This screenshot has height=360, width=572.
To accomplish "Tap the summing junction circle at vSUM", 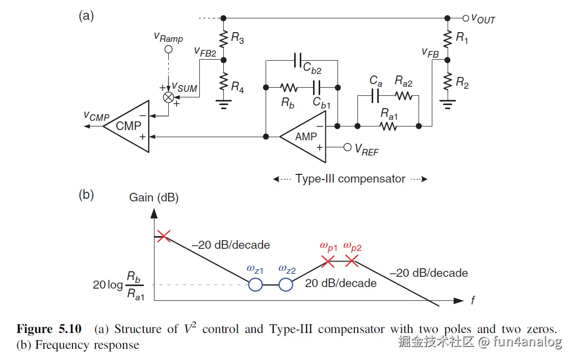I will [x=167, y=97].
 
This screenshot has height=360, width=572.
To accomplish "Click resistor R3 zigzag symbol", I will [x=223, y=38].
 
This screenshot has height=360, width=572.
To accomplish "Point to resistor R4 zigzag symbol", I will [x=223, y=81].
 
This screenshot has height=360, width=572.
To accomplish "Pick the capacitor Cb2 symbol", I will [x=299, y=60].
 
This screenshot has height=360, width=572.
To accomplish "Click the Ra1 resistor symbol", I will [x=388, y=125].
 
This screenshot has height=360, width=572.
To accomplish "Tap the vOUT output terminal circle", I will [x=465, y=18].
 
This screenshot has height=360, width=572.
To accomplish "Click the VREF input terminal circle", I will [x=348, y=147].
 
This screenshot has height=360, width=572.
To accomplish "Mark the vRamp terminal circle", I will [x=168, y=49].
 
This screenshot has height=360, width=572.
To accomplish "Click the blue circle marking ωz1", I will [x=255, y=285].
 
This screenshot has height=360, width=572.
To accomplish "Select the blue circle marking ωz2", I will [x=286, y=285].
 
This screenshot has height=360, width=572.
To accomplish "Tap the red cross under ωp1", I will [x=328, y=262].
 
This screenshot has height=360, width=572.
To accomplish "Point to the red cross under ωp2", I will [x=352, y=262].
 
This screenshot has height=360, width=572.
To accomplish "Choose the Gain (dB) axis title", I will [x=154, y=197].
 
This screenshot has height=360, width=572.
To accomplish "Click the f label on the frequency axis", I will [x=473, y=301].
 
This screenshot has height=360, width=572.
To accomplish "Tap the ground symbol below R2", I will [x=447, y=106].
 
